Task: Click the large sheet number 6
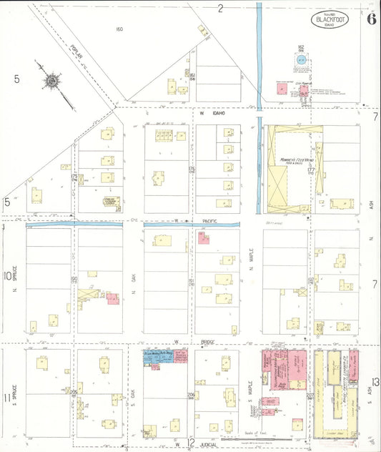coord(372,19)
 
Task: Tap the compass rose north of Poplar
coord(52,82)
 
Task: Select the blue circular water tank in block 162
coord(301,62)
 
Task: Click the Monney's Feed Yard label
coord(292,161)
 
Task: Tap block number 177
coord(311,169)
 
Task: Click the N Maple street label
coord(251,271)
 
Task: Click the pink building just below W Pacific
coord(204,238)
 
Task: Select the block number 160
coord(119,29)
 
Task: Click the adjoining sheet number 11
coord(6,398)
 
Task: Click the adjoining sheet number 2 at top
coord(221,8)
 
